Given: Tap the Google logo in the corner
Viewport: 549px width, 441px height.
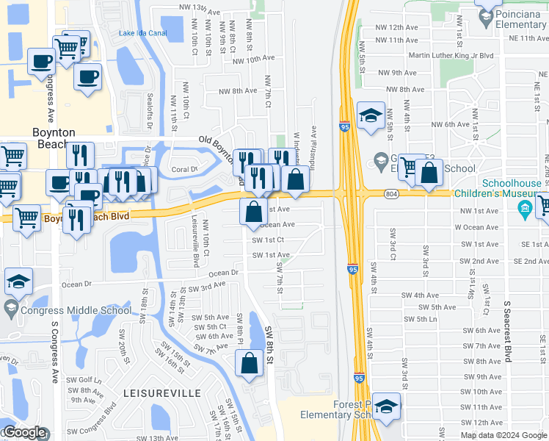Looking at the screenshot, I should pyautogui.click(x=23, y=433).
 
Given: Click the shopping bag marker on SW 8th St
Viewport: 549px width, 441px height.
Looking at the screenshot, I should pyautogui.click(x=249, y=363).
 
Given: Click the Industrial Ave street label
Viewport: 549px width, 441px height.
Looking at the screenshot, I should pyautogui.click(x=314, y=144).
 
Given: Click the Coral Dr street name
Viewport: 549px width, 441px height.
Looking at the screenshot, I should pyautogui.click(x=185, y=169).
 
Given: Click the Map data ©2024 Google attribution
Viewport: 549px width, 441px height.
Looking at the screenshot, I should pyautogui.click(x=503, y=435).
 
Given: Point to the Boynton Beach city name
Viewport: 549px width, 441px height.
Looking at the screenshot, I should pyautogui.click(x=54, y=138).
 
